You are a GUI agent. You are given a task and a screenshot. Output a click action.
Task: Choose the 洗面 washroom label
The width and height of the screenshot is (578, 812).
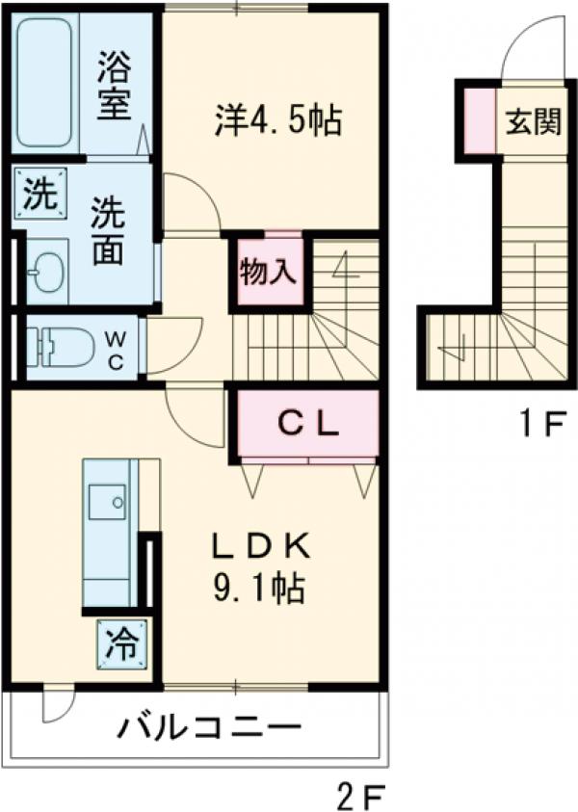106,232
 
